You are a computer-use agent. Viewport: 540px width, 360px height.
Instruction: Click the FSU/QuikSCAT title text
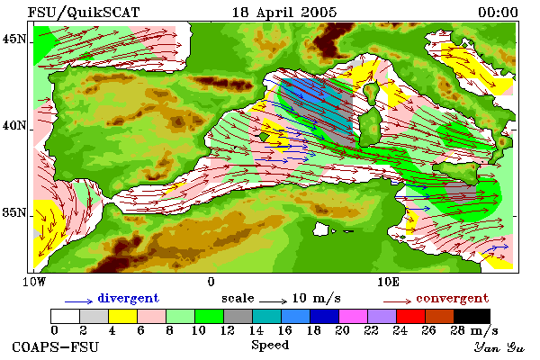click(x=84, y=13)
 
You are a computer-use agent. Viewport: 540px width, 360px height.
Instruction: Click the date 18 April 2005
click(x=284, y=13)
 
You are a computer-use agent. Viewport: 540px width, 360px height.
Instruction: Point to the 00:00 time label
click(x=498, y=13)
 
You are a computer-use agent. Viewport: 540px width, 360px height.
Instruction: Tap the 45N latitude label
click(x=13, y=40)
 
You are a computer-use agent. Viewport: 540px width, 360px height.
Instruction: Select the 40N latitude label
click(x=13, y=125)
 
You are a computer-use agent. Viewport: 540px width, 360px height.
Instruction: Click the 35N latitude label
click(x=13, y=212)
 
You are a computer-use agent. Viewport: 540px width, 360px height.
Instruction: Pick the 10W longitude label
click(x=34, y=282)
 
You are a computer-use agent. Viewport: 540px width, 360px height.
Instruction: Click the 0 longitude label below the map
click(x=211, y=282)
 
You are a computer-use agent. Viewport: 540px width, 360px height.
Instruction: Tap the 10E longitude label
click(x=388, y=282)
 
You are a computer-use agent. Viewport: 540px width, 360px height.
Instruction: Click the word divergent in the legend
click(x=129, y=298)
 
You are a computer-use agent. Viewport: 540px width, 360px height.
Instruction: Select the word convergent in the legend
click(x=452, y=298)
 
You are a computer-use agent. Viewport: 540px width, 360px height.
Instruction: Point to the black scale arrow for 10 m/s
click(x=273, y=301)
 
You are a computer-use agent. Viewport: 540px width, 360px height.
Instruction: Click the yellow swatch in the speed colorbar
click(x=123, y=316)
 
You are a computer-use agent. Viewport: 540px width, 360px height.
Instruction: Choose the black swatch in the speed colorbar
click(x=472, y=316)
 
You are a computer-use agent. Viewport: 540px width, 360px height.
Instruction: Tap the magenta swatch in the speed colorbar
click(x=354, y=316)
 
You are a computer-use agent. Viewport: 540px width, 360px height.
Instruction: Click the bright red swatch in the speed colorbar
click(x=411, y=316)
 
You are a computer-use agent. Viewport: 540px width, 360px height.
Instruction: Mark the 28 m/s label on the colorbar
click(x=474, y=330)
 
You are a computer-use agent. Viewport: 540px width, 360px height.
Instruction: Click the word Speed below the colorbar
click(x=270, y=345)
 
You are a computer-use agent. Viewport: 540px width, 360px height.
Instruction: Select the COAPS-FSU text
click(x=56, y=346)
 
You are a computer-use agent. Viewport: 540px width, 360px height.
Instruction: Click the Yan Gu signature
click(x=499, y=347)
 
